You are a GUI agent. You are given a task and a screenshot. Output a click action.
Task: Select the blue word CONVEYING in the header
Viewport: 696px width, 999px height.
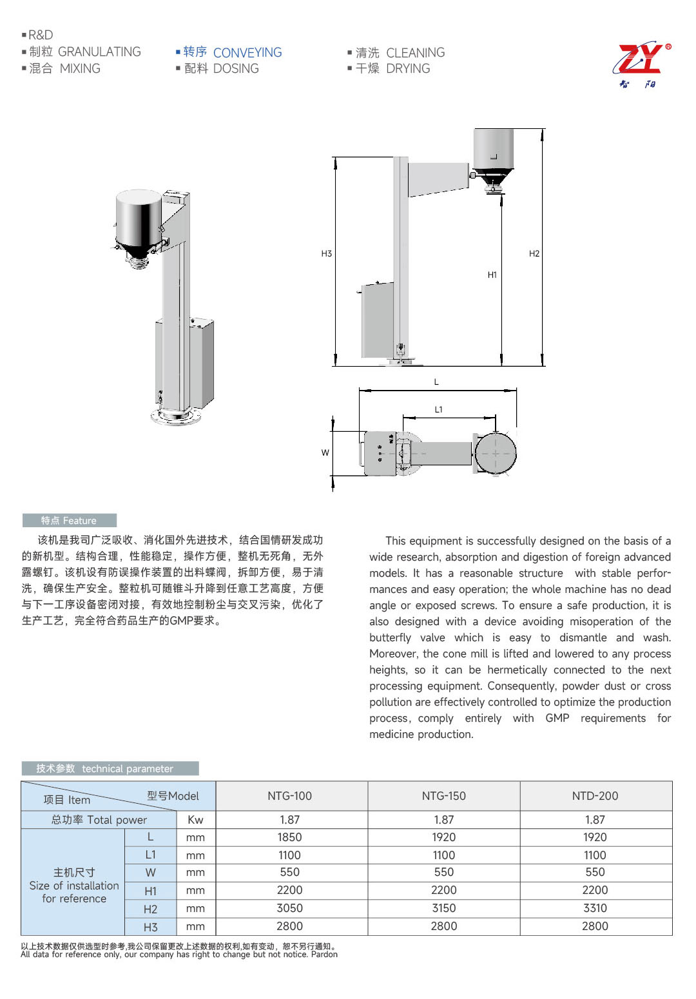pos(247,53)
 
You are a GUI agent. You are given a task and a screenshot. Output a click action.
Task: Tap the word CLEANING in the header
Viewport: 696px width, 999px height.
pos(415,53)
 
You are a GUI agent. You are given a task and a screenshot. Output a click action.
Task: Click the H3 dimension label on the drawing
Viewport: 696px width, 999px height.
pos(327,254)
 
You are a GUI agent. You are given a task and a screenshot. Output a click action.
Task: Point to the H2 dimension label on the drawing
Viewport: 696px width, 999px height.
pos(534,254)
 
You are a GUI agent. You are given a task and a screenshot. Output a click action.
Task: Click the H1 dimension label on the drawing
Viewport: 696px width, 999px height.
pos(492,275)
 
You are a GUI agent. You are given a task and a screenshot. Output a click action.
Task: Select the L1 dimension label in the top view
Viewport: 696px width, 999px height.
pos(439,410)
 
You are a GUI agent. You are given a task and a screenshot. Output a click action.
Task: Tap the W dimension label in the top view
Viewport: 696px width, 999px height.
pos(325,453)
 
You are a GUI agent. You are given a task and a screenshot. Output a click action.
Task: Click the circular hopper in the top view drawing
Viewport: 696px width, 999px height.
pos(496,453)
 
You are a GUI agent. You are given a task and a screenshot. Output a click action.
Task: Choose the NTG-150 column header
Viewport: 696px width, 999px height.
pos(443,797)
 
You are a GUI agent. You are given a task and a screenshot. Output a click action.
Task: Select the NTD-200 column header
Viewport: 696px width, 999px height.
pos(595,797)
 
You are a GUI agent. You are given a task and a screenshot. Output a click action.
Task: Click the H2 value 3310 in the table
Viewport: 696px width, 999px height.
pos(595,908)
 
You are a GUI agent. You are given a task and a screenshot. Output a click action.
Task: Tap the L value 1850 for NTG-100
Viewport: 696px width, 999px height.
pos(289,837)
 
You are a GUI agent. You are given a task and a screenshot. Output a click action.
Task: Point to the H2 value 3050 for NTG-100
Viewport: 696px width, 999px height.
pos(289,908)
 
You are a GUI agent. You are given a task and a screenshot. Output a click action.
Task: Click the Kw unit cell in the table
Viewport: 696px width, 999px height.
pos(195,820)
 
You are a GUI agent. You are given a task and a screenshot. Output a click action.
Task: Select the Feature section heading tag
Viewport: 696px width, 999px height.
pos(69,521)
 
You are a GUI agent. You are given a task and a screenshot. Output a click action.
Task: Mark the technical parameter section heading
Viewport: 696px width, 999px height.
pos(110,769)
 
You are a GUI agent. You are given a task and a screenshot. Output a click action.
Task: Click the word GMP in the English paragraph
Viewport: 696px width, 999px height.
pos(557,719)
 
